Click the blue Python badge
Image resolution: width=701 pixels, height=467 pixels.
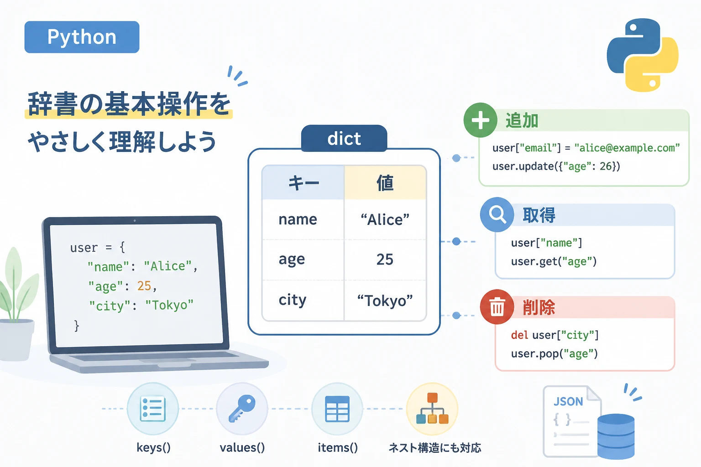pyautogui.click(x=82, y=37)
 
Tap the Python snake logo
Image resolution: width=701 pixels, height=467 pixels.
pyautogui.click(x=643, y=55)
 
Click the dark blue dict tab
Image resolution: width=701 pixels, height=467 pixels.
pyautogui.click(x=344, y=138)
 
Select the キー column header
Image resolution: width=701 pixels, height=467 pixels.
pyautogui.click(x=303, y=183)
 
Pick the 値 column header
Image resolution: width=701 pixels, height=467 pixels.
pyautogui.click(x=385, y=183)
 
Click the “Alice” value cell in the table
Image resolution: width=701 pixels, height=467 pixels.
pyautogui.click(x=385, y=219)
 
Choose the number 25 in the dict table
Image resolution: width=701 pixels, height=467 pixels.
pyautogui.click(x=385, y=259)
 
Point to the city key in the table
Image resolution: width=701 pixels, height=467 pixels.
pyautogui.click(x=292, y=300)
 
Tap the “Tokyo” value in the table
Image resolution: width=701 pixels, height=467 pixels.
pyautogui.click(x=385, y=301)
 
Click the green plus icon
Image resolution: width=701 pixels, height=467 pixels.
pyautogui.click(x=481, y=120)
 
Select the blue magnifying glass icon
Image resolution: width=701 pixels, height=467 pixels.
pyautogui.click(x=497, y=215)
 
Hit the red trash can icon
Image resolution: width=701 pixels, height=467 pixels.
pyautogui.click(x=497, y=307)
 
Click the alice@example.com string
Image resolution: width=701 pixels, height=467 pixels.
pyautogui.click(x=627, y=148)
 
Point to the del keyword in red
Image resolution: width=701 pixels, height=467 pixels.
pyautogui.click(x=519, y=335)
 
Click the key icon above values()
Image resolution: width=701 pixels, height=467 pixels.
pyautogui.click(x=242, y=409)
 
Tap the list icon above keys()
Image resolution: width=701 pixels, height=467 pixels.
pyautogui.click(x=153, y=409)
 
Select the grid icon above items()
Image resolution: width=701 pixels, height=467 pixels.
pyautogui.click(x=337, y=409)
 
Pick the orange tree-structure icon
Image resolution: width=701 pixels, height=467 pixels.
pyautogui.click(x=432, y=408)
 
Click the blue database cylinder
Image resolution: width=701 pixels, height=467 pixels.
pyautogui.click(x=616, y=436)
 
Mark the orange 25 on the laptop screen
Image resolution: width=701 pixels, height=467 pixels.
pyautogui.click(x=144, y=285)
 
